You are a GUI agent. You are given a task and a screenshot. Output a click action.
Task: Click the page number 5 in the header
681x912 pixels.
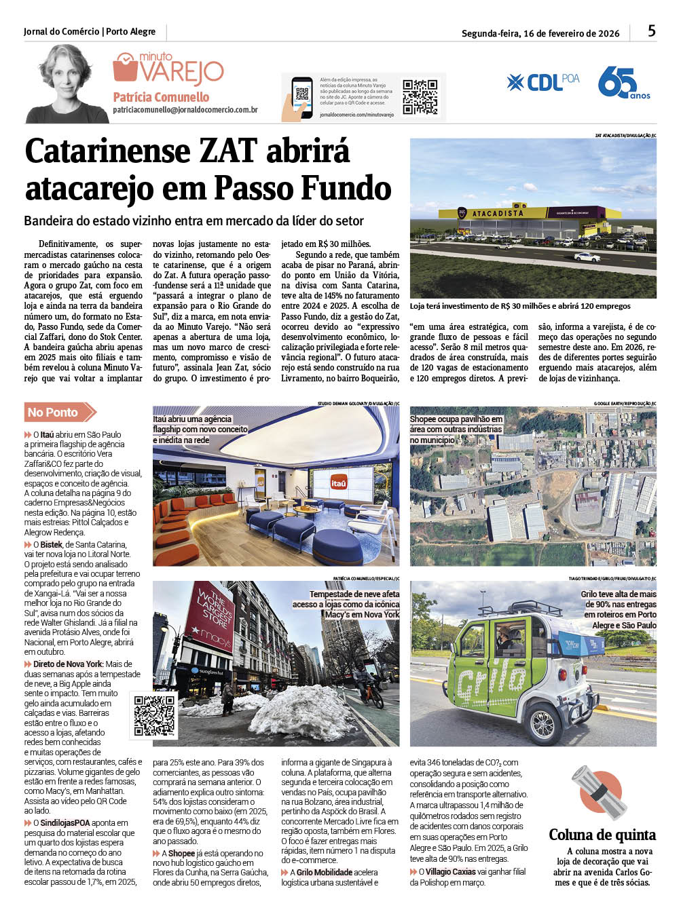[652, 31]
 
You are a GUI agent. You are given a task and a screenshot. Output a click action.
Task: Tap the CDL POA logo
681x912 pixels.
[542, 82]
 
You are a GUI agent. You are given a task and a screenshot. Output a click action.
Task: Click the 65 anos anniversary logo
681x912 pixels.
[623, 83]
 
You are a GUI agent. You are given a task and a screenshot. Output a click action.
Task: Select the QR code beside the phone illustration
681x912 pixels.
[420, 97]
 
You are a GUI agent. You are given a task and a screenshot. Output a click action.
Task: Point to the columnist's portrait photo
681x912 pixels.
[67, 84]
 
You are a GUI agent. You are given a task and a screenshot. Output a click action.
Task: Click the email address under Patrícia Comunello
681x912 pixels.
[185, 110]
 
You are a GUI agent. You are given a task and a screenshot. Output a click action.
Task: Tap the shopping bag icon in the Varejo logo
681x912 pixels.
[126, 68]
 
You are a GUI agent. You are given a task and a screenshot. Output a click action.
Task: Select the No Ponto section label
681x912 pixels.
[54, 412]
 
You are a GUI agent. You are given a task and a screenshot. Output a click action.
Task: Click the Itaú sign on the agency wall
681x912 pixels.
[339, 482]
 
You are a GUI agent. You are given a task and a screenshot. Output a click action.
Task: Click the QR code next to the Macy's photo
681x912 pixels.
[154, 715]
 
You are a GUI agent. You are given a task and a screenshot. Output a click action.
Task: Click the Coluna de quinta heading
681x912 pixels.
[602, 835]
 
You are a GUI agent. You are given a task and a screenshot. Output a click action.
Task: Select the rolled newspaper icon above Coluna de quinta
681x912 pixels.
[599, 792]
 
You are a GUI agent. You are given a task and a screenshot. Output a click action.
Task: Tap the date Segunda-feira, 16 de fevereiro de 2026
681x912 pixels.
[540, 33]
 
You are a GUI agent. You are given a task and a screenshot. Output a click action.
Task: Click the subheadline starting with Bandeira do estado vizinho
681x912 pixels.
[194, 221]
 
